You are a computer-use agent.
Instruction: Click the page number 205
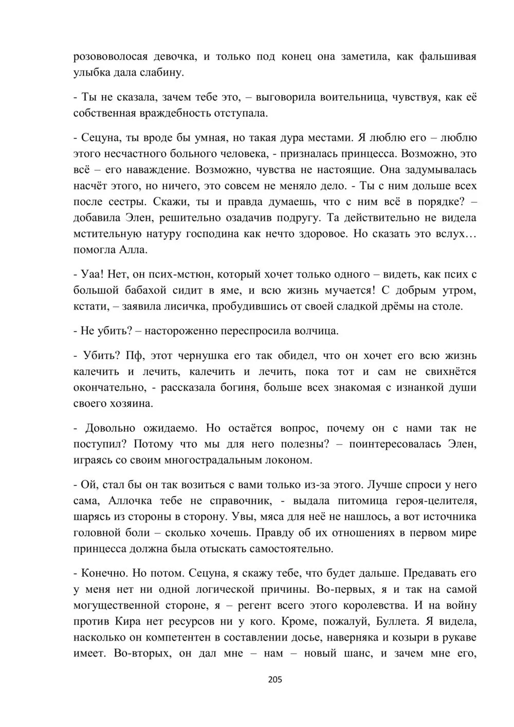pos(275,680)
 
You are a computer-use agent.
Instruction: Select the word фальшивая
pos(448,57)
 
